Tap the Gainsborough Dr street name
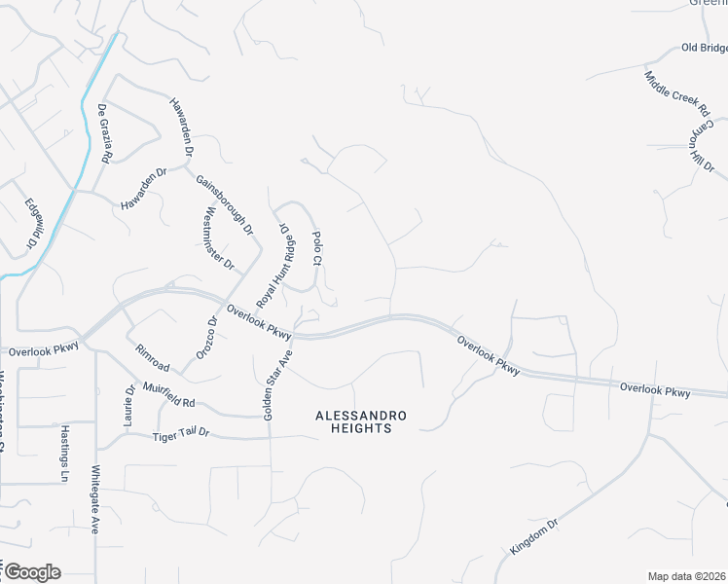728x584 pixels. click(x=224, y=205)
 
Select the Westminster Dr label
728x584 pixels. click(x=219, y=238)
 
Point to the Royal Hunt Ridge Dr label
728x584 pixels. click(x=274, y=265)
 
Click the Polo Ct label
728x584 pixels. click(x=316, y=247)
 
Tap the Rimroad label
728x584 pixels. click(x=153, y=359)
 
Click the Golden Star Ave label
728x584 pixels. click(x=276, y=385)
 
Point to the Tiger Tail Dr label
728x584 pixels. click(x=181, y=436)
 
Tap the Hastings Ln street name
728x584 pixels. click(x=64, y=454)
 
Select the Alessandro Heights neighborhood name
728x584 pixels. click(x=361, y=421)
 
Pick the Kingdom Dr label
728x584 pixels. click(x=533, y=537)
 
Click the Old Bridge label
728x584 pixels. click(x=704, y=48)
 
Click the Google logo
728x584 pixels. click(x=31, y=572)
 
